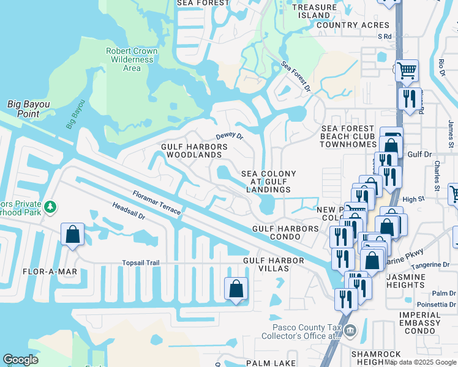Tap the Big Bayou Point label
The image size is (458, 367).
tap(28, 109)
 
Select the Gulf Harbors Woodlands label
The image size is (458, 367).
tap(194, 150)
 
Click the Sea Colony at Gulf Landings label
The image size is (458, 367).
tap(268, 182)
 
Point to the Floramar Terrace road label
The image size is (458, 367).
tap(156, 202)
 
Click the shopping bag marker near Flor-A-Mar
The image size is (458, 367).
tap(72, 234)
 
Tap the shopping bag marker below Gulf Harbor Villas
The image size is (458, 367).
tap(236, 289)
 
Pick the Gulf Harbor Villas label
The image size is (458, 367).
tap(273, 265)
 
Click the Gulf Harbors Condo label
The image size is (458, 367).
tap(286, 229)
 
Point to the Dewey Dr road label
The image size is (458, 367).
tap(230, 136)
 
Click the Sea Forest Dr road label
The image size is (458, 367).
tap(296, 76)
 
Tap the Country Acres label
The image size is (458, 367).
tap(353, 25)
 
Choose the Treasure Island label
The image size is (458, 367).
tap(314, 11)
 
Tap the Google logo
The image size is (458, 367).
tap(20, 360)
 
